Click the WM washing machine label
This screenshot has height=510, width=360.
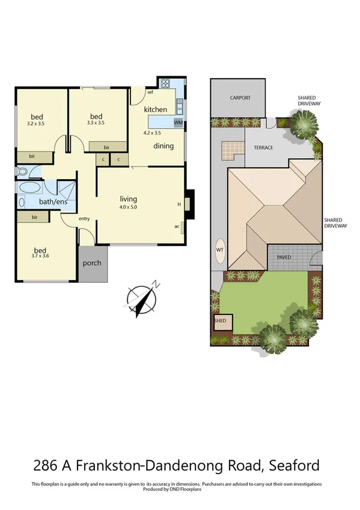(178, 123)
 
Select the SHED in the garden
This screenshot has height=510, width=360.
(220, 321)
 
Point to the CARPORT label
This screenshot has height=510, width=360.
(240, 98)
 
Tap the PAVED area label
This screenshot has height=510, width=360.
(284, 257)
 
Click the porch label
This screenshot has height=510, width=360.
(93, 263)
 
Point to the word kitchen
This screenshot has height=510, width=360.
(155, 109)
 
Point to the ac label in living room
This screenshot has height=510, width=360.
(176, 226)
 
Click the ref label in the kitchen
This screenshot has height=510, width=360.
(150, 93)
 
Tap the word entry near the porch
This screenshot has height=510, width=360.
(84, 218)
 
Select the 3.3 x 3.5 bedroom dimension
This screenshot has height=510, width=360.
(96, 123)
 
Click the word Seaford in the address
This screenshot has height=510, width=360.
(293, 465)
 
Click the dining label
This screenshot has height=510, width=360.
(163, 146)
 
